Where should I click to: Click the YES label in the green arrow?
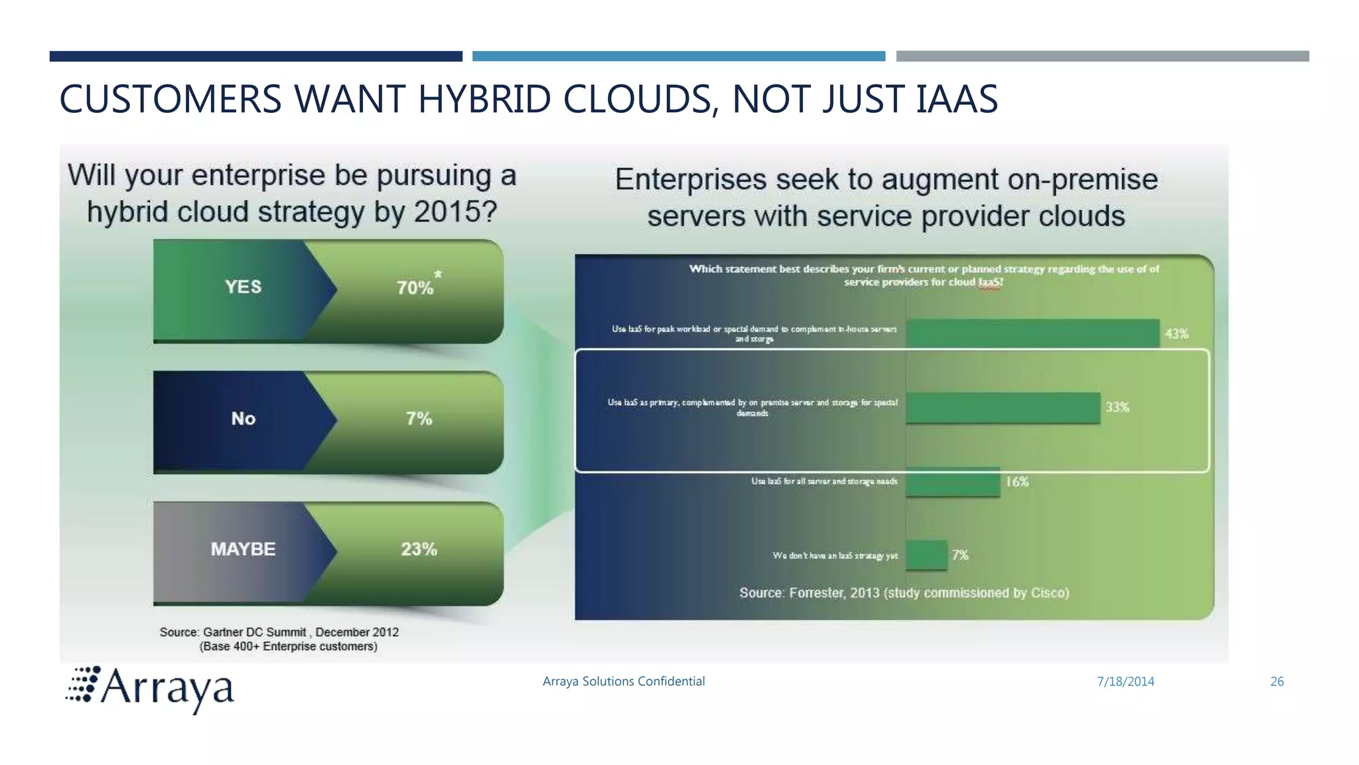point(243,287)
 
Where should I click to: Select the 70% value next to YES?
point(415,288)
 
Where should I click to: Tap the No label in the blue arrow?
point(243,418)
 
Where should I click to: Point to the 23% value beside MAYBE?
point(419,549)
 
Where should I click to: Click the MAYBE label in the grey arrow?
point(243,549)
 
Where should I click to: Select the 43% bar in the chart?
point(1033,333)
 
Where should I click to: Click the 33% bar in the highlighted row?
point(1003,407)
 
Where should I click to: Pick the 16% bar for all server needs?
point(952,481)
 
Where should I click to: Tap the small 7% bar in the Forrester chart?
point(926,555)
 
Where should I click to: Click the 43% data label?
point(1177,333)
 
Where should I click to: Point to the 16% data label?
point(1017,481)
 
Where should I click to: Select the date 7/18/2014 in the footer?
point(1125,681)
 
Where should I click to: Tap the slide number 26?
point(1277,681)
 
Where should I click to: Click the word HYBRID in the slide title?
point(484,100)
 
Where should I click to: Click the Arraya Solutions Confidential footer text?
point(623,681)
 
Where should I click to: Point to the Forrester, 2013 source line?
point(904,592)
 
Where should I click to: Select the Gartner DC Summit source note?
point(279,639)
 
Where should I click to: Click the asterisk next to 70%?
point(437,274)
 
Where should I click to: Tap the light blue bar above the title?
point(678,56)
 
